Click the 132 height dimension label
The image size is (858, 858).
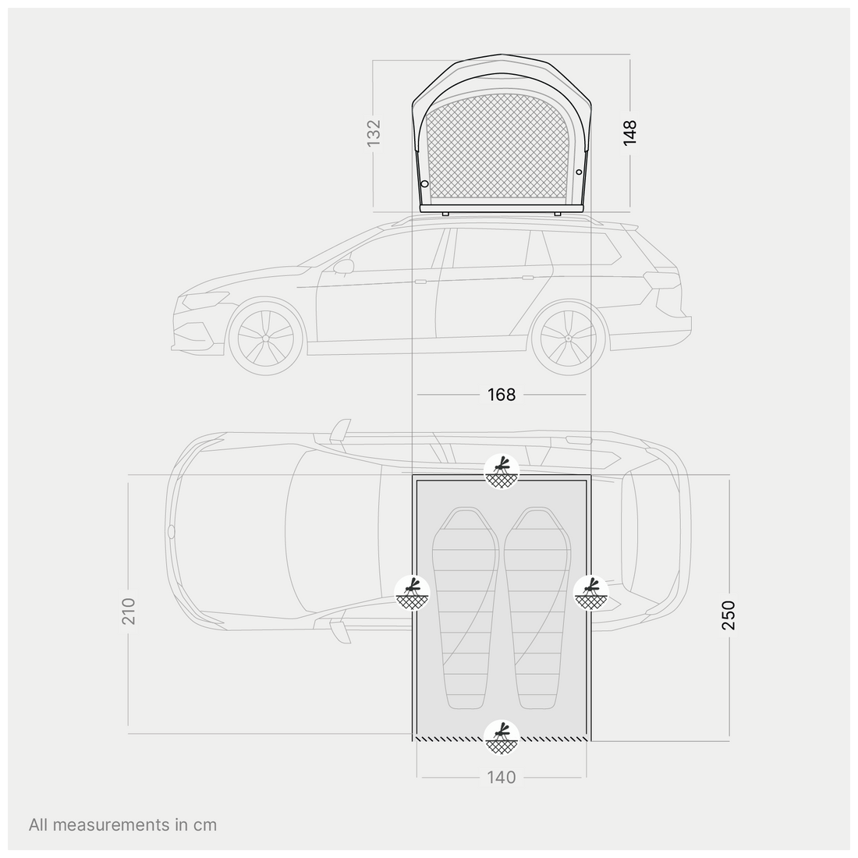point(373,133)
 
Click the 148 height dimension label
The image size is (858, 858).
point(629,133)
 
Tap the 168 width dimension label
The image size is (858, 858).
point(502,395)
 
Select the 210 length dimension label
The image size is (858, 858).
point(128,612)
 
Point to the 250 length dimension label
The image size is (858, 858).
point(729,615)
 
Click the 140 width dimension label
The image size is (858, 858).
point(502,777)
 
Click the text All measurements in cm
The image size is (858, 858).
point(122,824)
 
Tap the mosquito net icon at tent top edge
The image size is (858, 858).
point(502,471)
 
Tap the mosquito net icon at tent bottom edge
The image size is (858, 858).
point(502,738)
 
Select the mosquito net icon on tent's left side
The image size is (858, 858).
point(412,593)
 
